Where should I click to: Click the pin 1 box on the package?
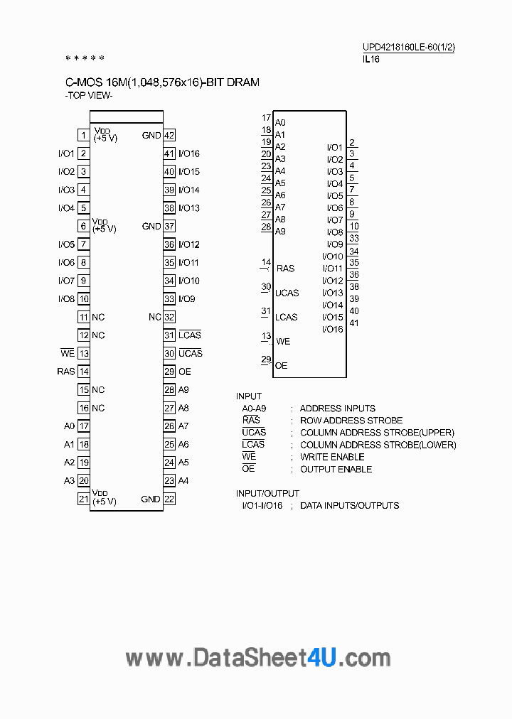[x=83, y=136]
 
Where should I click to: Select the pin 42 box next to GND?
[x=169, y=136]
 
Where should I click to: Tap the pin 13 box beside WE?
[x=83, y=353]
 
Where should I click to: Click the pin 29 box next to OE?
[x=169, y=372]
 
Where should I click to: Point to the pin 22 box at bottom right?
[x=169, y=499]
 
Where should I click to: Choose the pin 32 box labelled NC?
[x=169, y=317]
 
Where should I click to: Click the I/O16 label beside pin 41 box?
[x=189, y=153]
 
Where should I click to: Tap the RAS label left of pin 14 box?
[x=65, y=372]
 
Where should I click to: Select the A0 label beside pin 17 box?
[x=69, y=426]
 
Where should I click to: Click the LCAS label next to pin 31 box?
[x=190, y=335]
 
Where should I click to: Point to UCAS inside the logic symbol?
[x=287, y=293]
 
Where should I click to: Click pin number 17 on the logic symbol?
[x=266, y=118]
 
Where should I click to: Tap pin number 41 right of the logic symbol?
[x=354, y=323]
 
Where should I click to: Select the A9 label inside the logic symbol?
[x=280, y=232]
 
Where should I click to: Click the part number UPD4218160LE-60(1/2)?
[x=408, y=48]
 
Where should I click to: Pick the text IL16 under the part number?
[x=371, y=60]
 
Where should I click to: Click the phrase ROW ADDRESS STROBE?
[x=351, y=421]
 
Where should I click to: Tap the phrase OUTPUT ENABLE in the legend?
[x=336, y=469]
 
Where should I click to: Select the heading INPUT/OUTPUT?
[x=267, y=493]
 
